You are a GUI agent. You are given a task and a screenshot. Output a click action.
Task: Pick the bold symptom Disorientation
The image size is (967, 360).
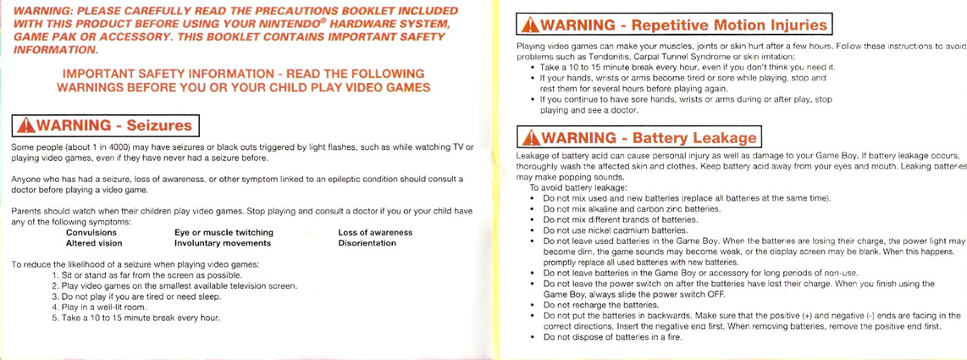367,243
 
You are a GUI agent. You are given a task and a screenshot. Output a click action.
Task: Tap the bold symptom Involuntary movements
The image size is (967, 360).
223,243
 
